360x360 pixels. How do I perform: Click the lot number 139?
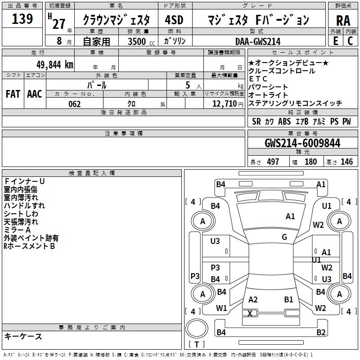click(x=22, y=18)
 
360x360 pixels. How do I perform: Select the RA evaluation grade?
click(x=343, y=21)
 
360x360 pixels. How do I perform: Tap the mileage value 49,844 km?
click(x=54, y=65)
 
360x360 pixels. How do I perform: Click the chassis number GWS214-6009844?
click(x=302, y=143)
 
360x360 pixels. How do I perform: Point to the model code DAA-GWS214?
click(x=258, y=41)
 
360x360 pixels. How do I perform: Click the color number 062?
click(x=75, y=104)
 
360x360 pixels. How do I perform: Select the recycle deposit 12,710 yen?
click(x=228, y=104)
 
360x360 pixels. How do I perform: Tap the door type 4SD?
click(x=174, y=20)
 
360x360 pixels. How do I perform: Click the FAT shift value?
click(x=13, y=94)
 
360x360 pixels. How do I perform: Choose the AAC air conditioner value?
click(x=35, y=94)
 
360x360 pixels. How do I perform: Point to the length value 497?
click(x=273, y=162)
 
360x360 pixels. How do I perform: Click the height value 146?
click(x=346, y=162)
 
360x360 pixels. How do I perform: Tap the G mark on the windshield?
click(x=284, y=237)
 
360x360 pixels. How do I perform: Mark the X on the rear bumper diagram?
click(x=250, y=313)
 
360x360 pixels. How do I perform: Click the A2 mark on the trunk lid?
click(x=253, y=300)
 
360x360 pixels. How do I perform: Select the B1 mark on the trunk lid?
click(x=288, y=300)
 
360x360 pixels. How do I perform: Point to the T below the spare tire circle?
click(x=197, y=344)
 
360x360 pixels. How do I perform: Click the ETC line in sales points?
click(x=258, y=79)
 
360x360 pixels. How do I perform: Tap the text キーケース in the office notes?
click(x=23, y=337)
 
